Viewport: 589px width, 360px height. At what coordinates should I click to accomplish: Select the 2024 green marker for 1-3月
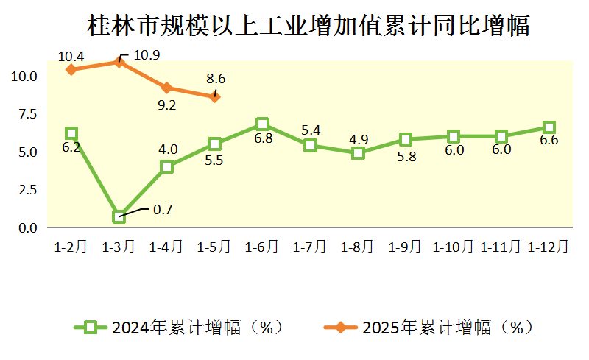[x=119, y=216]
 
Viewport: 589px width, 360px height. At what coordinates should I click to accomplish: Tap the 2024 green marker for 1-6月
[x=262, y=124]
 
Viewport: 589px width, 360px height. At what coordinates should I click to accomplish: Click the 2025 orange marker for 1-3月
[x=119, y=62]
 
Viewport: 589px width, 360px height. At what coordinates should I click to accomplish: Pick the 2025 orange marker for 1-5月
[x=214, y=96]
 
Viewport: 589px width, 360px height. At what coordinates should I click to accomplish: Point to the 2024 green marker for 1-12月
[x=549, y=127]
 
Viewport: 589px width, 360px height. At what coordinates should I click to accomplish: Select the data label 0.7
[x=162, y=210]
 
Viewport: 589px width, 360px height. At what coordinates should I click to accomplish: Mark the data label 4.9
[x=358, y=138]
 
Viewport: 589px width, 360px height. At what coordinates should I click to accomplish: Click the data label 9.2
[x=167, y=105]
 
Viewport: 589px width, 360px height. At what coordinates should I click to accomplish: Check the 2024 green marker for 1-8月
[x=358, y=153]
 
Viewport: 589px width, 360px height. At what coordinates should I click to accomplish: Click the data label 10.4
[x=71, y=56]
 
